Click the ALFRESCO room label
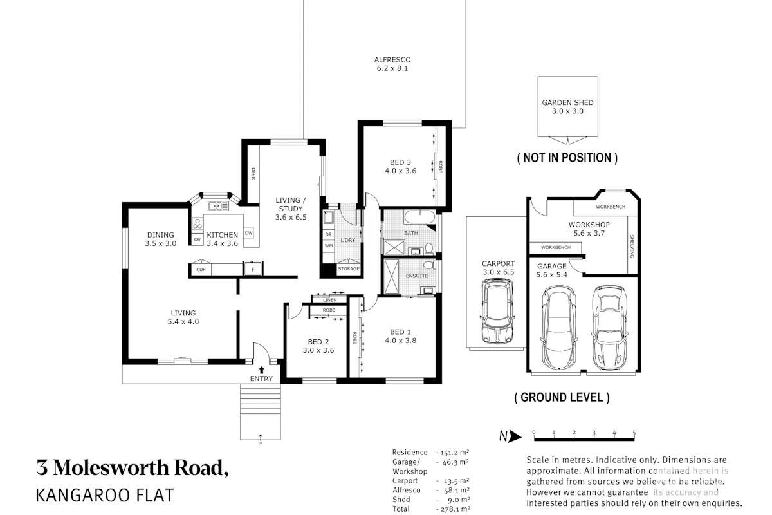coord(392,60)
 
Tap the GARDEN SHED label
coord(567,102)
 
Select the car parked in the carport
coord(497,311)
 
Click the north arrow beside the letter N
coord(515,436)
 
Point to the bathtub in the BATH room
coord(419,217)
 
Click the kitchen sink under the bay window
coord(218,206)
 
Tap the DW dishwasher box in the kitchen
coord(249,233)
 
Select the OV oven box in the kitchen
coord(198,239)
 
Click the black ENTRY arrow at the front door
coord(262,370)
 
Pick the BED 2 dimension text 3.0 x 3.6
coord(318,350)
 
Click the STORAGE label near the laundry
coord(349,268)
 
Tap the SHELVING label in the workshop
coord(632,247)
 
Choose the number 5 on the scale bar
coord(634,432)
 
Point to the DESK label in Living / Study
coord(253,174)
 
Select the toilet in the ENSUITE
coord(428,265)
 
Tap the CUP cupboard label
coord(201,269)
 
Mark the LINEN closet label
coord(330,300)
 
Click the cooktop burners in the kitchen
coord(198,223)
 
